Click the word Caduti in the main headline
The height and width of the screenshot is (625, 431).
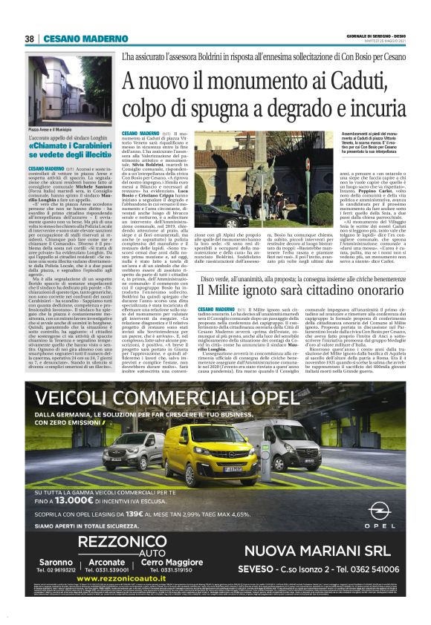332,79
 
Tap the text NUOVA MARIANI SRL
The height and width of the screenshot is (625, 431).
316,550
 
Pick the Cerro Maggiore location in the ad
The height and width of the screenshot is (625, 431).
171,562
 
